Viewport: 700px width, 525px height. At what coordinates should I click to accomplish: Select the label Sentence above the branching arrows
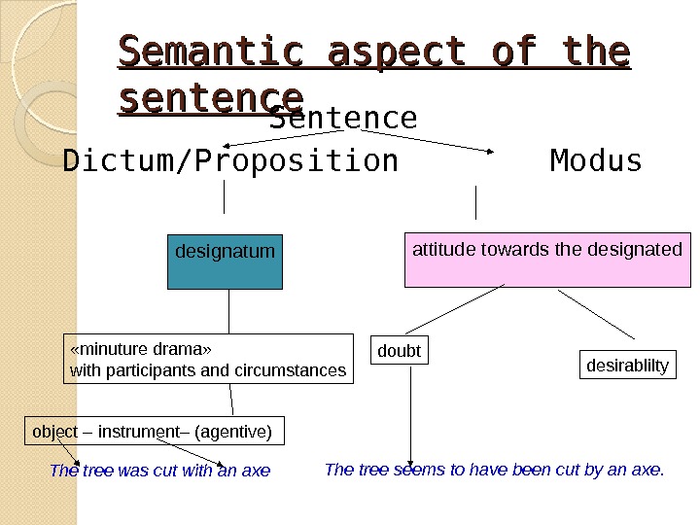click(343, 119)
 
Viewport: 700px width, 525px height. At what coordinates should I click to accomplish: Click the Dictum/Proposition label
click(230, 160)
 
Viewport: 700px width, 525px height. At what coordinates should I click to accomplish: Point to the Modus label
click(596, 160)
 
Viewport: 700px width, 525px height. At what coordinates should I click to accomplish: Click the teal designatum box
click(225, 261)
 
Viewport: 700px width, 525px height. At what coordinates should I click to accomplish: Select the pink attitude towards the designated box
click(547, 260)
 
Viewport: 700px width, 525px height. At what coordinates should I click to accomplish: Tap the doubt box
click(400, 351)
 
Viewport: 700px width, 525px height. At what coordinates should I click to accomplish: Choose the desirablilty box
click(628, 366)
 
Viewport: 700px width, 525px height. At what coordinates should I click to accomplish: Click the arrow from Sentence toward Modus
click(428, 142)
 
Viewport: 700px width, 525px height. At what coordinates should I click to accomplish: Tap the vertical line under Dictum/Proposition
click(226, 196)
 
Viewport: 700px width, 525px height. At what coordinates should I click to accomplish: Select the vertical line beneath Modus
click(475, 202)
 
